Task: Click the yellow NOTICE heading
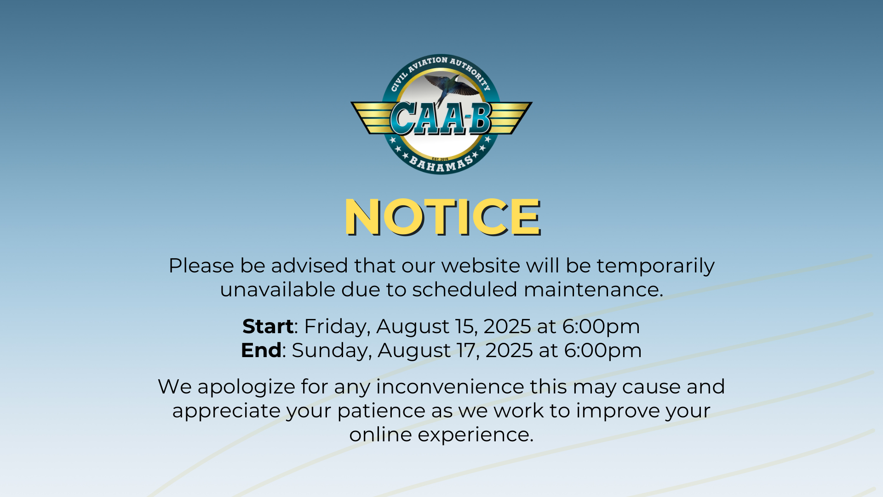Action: [x=442, y=217]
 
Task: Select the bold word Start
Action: [x=268, y=326]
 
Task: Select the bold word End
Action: [x=261, y=350]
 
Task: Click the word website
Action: [x=481, y=266]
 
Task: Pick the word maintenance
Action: [x=593, y=290]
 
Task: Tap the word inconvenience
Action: [x=450, y=387]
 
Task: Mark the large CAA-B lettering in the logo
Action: [x=441, y=118]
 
